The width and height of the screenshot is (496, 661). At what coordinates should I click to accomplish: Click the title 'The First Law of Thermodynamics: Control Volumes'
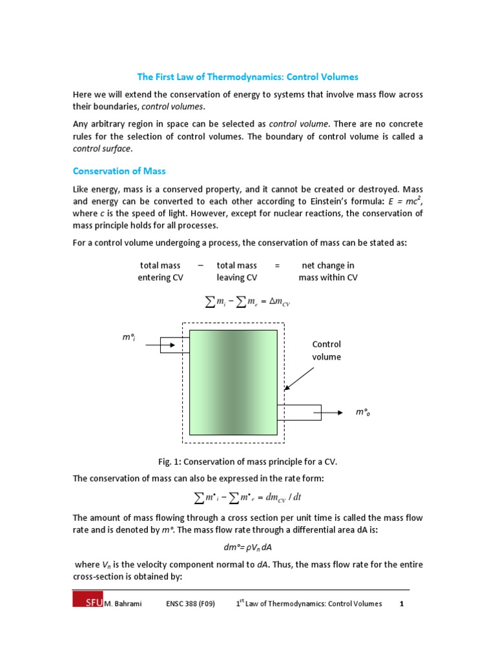(x=248, y=77)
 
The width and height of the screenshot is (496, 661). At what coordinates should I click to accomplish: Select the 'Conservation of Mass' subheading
(x=119, y=171)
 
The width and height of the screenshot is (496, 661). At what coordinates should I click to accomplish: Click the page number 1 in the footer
(x=401, y=604)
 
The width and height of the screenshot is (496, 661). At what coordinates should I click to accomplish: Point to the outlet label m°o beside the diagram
(x=363, y=412)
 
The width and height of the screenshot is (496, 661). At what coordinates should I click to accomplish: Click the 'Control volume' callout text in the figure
(x=326, y=351)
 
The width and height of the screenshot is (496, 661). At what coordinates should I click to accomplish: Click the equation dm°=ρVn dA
(x=248, y=546)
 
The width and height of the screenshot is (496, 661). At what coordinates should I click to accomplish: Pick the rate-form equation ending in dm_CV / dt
(x=248, y=497)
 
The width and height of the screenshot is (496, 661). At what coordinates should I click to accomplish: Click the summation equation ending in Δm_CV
(x=248, y=303)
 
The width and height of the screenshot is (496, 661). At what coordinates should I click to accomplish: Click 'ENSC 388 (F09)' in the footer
(x=188, y=604)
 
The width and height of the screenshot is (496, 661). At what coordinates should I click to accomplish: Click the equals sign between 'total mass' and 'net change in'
(x=277, y=265)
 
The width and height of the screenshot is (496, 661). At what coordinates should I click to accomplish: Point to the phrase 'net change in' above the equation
(x=328, y=265)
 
